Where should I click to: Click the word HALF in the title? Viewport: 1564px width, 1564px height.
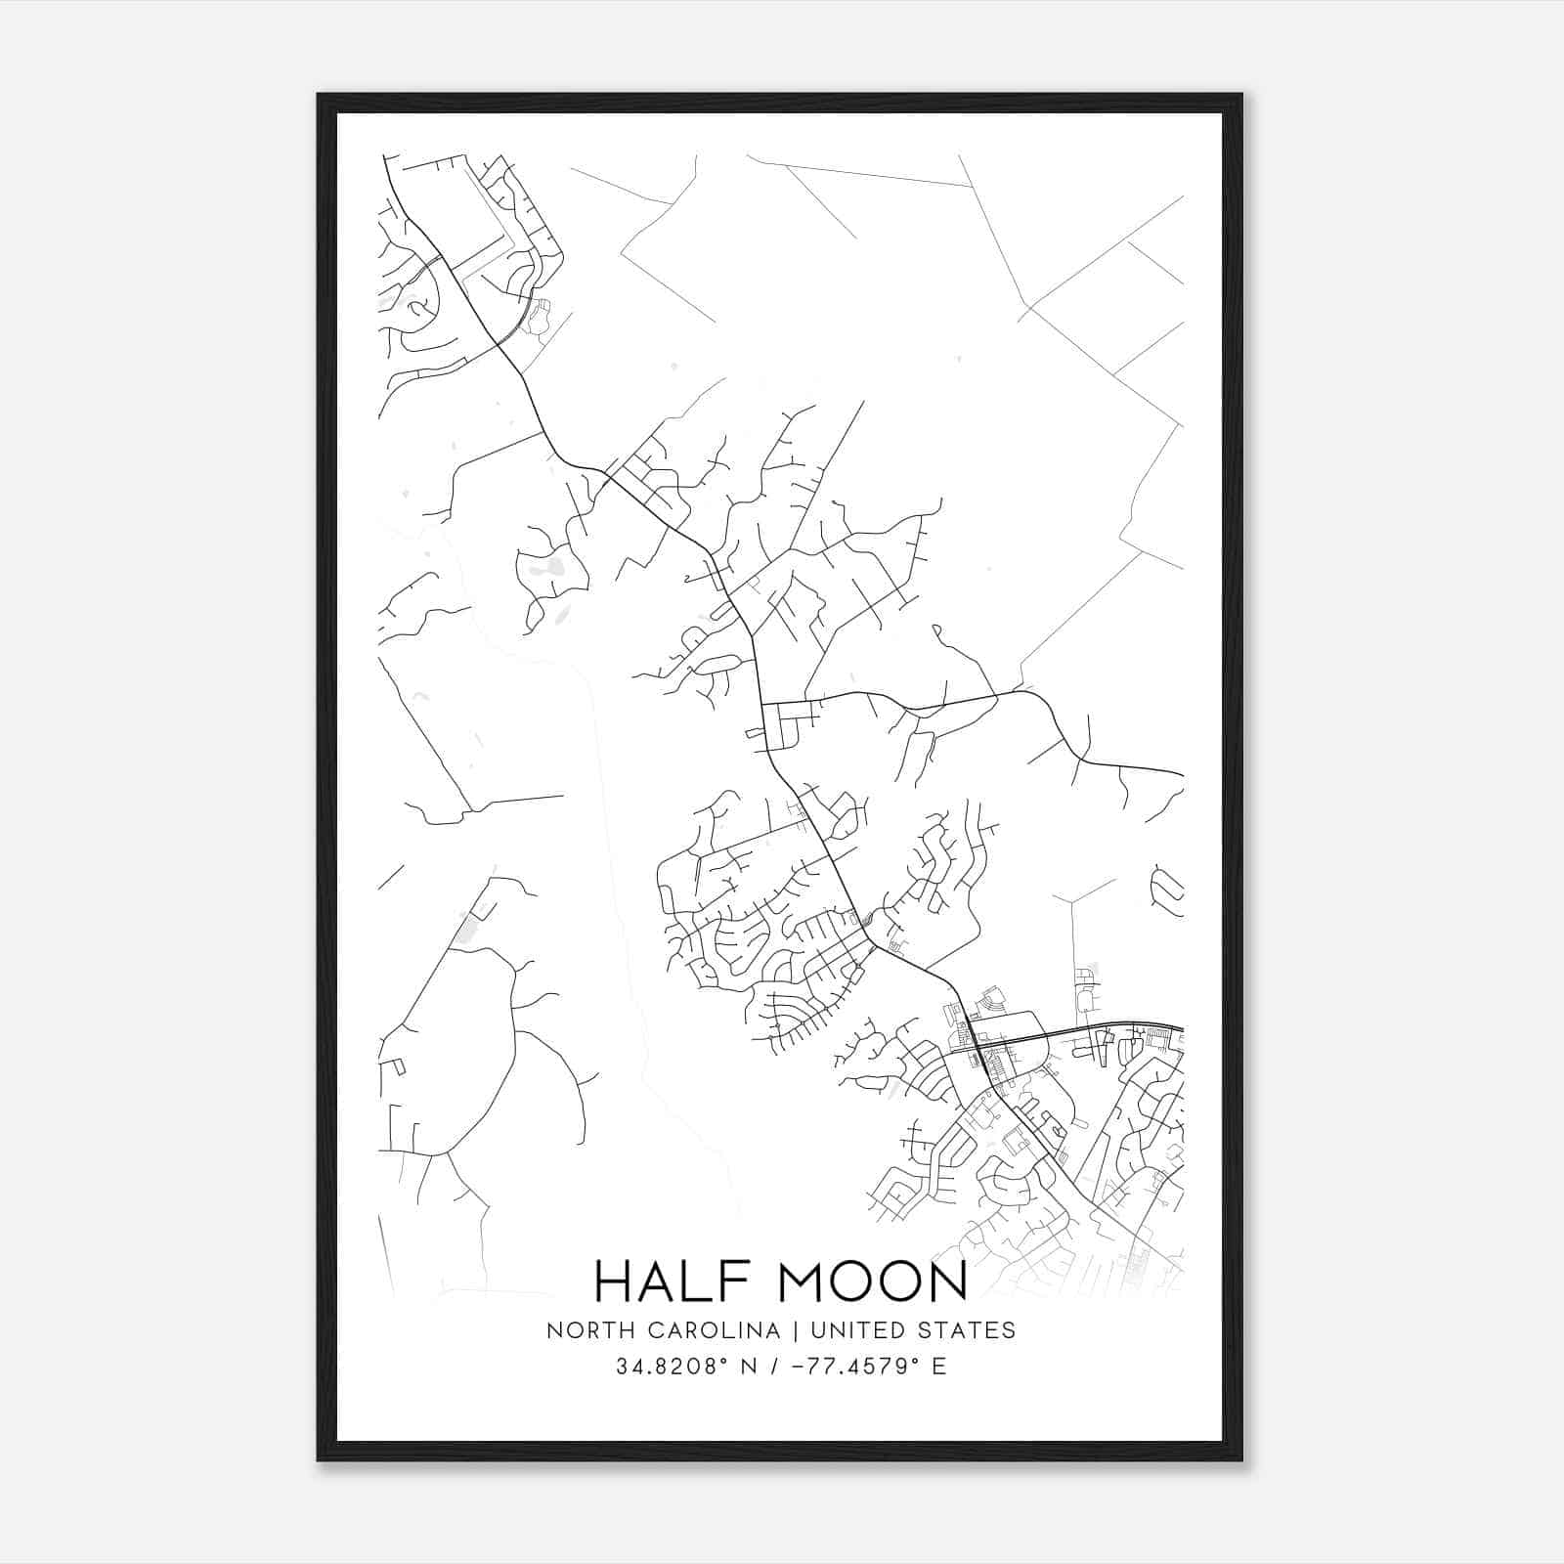[673, 1281]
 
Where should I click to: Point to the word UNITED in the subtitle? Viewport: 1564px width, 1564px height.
[854, 1330]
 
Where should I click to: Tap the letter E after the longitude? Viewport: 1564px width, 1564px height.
[939, 1367]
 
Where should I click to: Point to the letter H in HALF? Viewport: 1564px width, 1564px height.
[614, 1281]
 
